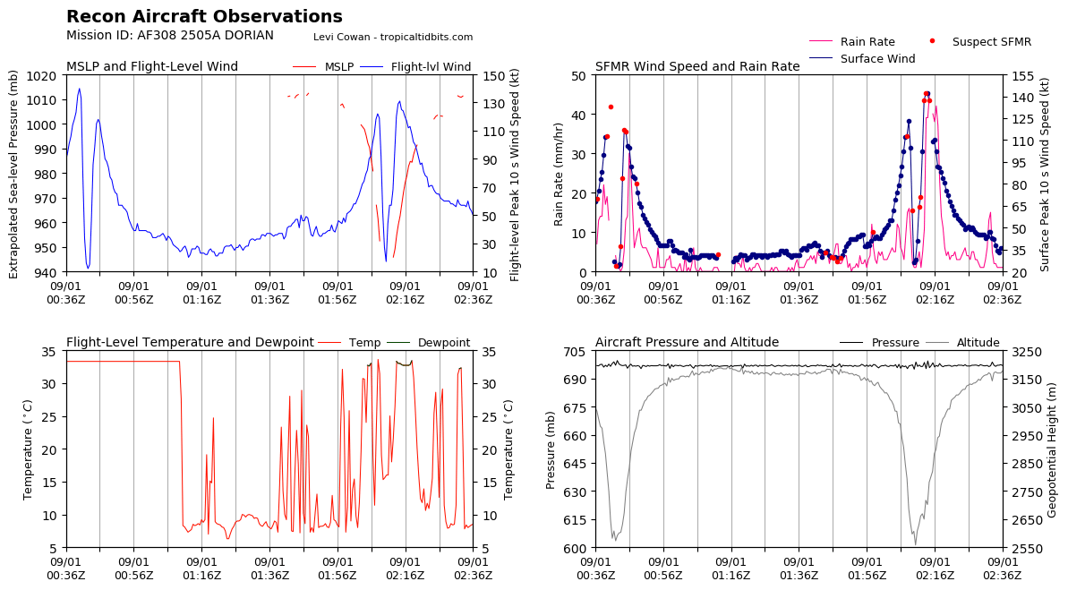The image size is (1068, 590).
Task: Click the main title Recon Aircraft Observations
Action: [204, 17]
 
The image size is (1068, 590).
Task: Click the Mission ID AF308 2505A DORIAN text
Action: [170, 36]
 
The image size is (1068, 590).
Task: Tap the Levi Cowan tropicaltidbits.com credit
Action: [393, 38]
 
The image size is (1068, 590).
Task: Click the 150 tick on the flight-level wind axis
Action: [490, 76]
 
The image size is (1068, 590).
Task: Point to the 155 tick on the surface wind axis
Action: [1020, 76]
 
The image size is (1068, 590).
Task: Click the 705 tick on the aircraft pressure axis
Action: [573, 352]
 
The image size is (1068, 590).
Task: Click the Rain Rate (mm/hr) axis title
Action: [559, 174]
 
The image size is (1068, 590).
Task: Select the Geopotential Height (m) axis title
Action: [1053, 449]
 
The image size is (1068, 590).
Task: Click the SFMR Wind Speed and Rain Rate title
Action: [697, 67]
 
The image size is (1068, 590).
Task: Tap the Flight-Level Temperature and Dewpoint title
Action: [190, 343]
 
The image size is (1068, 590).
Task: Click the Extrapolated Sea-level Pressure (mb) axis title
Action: [14, 174]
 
